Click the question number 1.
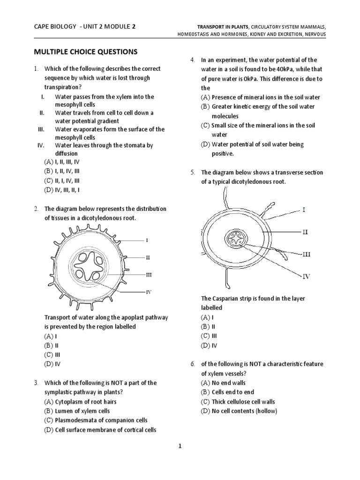coord(36,69)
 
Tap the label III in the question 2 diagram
coord(148,274)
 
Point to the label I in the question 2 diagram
coord(147,240)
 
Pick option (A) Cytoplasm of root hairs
coord(80,402)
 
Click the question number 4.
coord(192,60)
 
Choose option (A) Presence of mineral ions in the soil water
coord(260,97)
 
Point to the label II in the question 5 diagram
coord(305,232)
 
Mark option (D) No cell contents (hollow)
coord(239,411)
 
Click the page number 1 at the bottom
coord(179,447)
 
